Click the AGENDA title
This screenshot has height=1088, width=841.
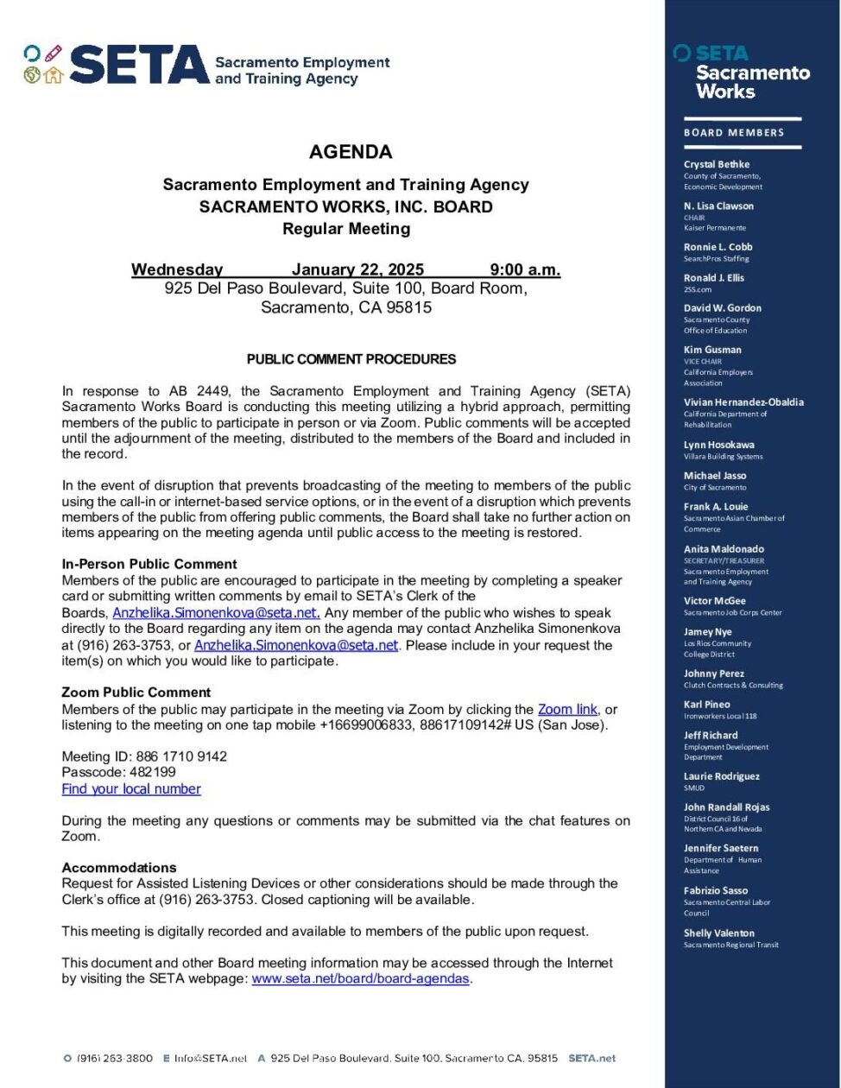coord(351,152)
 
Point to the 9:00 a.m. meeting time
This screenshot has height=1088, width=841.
coord(525,269)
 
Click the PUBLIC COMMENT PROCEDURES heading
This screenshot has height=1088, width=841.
coord(351,359)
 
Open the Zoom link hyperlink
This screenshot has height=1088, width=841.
coord(567,709)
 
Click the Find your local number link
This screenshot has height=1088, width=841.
coord(131,788)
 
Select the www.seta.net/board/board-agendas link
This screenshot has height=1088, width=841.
coord(361,978)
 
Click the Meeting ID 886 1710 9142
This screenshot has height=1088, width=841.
coord(181,756)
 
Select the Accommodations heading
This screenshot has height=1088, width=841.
coord(119,867)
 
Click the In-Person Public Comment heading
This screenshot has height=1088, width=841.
coord(149,564)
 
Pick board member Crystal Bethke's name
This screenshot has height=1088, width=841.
coord(717,164)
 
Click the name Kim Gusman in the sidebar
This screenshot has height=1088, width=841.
coord(712,350)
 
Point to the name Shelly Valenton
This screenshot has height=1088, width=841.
coord(719,933)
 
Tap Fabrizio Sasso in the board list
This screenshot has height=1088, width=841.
coord(716,890)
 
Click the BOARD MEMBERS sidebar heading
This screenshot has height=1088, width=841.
coord(734,133)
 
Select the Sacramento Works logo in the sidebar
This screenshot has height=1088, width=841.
coord(743,73)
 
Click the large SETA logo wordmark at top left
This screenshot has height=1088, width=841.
coord(138,65)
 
